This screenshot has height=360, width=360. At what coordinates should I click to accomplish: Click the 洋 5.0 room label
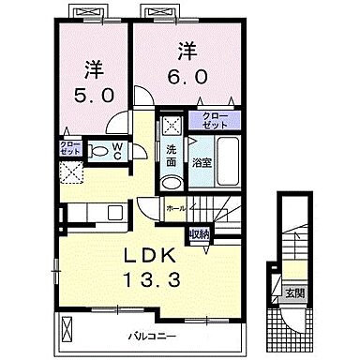93,82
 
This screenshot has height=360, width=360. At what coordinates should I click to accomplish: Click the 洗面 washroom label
172,156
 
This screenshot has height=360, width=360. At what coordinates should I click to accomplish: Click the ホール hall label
175,208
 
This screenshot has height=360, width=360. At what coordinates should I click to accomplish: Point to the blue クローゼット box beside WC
71,147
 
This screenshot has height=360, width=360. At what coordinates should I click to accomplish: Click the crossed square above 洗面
172,127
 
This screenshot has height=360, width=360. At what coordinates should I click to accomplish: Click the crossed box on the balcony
69,329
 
